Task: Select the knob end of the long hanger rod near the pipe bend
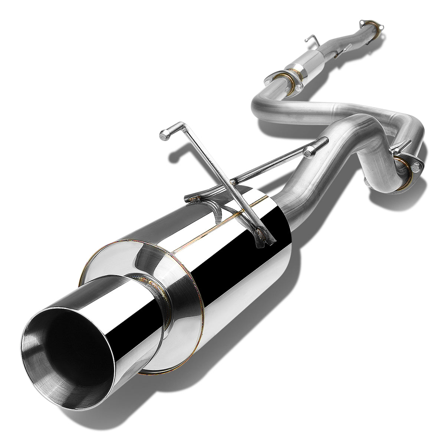(308, 151)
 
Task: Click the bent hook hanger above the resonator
(312, 39)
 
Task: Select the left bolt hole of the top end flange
(362, 23)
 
